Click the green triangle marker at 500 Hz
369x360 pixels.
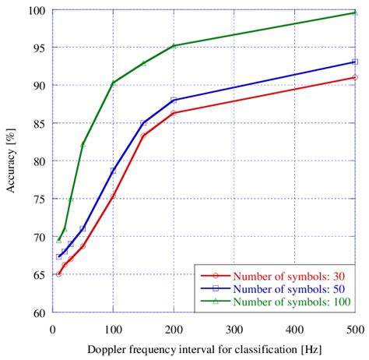pyautogui.click(x=355, y=12)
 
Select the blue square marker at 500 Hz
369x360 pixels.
pyautogui.click(x=355, y=62)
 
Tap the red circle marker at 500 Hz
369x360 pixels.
pyautogui.click(x=355, y=77)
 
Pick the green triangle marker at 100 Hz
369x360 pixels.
pyautogui.click(x=113, y=83)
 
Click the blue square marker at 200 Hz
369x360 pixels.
pyautogui.click(x=174, y=100)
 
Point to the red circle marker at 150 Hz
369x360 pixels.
pyautogui.click(x=143, y=136)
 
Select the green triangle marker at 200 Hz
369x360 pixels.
pyautogui.click(x=174, y=46)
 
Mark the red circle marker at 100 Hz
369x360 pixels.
pyautogui.click(x=113, y=196)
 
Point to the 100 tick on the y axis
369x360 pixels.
pyautogui.click(x=37, y=11)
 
